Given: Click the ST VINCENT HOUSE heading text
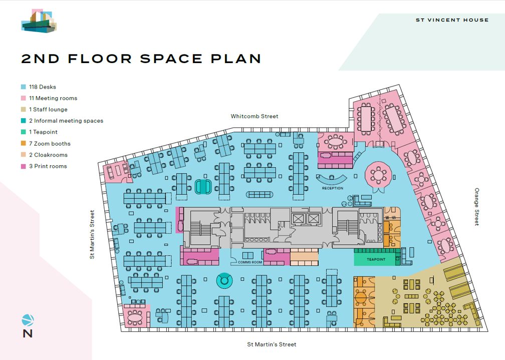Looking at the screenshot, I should pos(452,20).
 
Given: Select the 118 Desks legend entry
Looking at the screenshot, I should pos(42,87).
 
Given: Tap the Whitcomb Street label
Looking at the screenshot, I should pos(254,116).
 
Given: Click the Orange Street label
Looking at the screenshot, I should pos(477,207).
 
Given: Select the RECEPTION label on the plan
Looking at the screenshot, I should pos(333,188).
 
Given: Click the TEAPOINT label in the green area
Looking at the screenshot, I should pos(376,259).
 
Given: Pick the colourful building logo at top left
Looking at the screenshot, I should pos(39,22).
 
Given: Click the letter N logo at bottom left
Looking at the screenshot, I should pos(28,332).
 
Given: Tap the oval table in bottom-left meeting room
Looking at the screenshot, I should pos(135,317).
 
